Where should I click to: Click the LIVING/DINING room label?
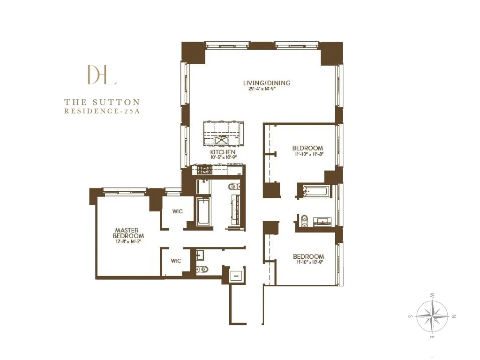coord(267,83)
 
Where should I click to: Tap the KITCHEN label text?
coord(223,153)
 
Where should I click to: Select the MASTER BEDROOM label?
coord(128,233)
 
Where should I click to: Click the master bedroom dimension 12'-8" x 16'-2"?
coord(128,242)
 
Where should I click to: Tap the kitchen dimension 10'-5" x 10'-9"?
coord(223,158)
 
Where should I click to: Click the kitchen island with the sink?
coord(224,134)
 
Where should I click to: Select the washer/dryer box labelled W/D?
coord(236,276)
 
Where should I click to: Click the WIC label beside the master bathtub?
coord(177,211)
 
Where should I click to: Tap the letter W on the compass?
coord(432,295)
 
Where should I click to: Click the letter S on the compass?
coord(410,316)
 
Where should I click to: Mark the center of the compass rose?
coord(432,316)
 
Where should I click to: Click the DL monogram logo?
coord(102,75)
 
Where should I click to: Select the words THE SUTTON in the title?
coord(102,102)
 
